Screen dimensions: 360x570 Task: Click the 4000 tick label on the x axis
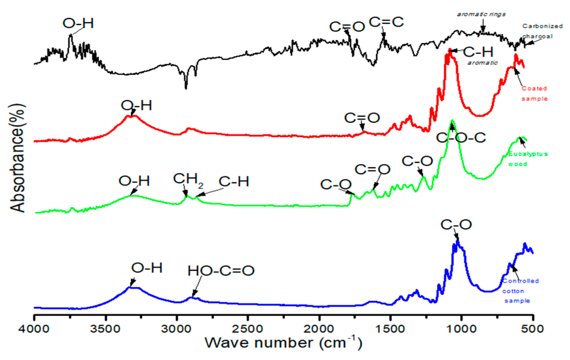click(34, 329)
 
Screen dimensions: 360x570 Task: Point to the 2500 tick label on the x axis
click(247, 329)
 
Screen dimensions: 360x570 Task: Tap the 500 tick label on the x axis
click(532, 329)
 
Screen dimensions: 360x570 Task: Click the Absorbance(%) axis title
click(18, 158)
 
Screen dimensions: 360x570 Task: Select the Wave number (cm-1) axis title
click(283, 343)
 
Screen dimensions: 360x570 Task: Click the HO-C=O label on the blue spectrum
click(221, 271)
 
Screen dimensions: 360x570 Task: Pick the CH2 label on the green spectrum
click(188, 179)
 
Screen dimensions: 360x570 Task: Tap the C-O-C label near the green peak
click(461, 138)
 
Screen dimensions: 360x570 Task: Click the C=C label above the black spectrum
click(386, 22)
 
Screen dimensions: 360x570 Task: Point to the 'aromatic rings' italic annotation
click(481, 14)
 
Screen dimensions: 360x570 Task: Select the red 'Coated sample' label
click(534, 93)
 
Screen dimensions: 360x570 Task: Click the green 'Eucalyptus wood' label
click(527, 159)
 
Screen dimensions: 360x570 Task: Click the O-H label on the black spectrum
click(78, 23)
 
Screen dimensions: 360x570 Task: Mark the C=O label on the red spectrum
click(362, 118)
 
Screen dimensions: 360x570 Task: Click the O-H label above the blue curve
click(147, 268)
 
